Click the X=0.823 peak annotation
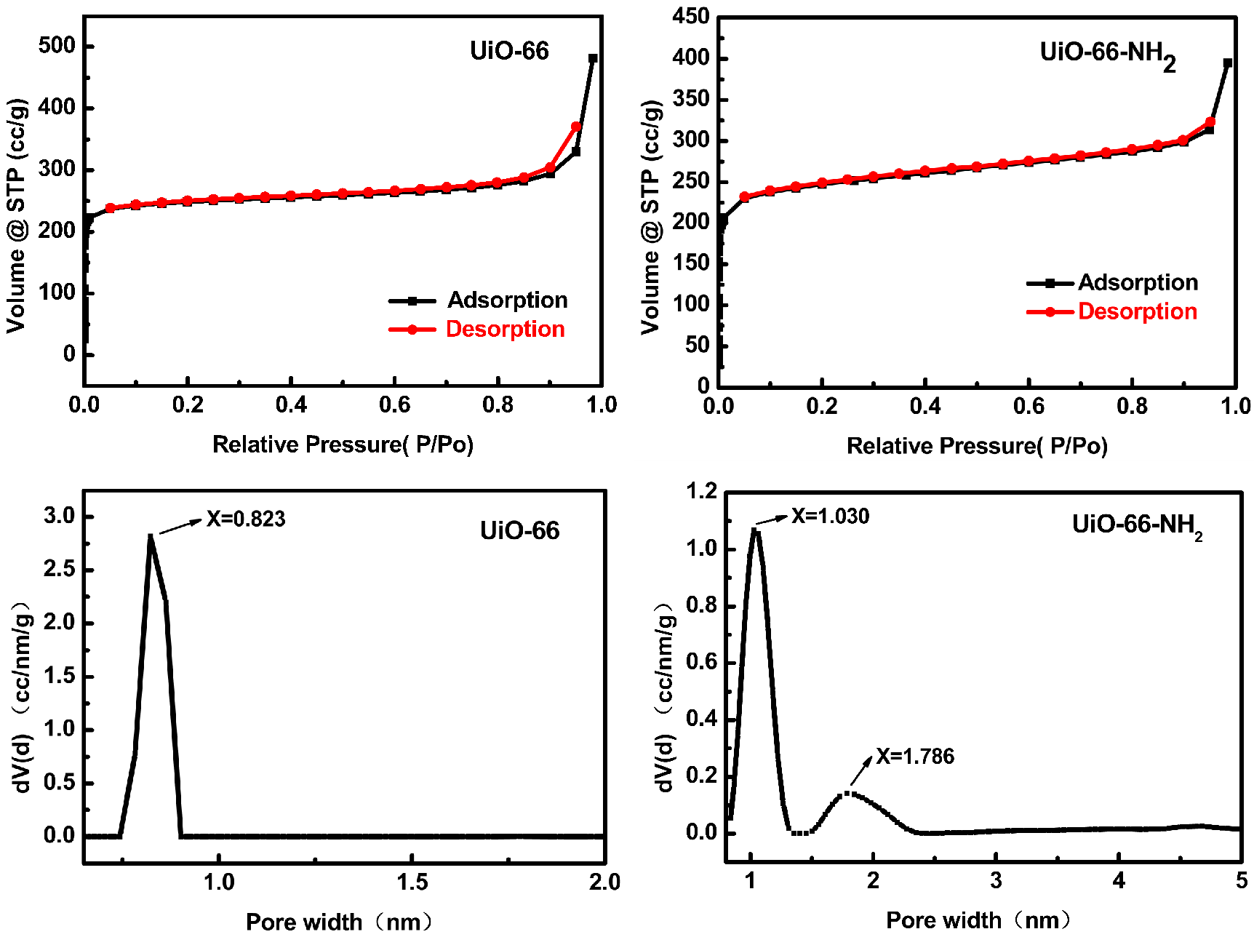[x=245, y=519]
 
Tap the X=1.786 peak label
[x=914, y=757]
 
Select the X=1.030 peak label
[x=830, y=517]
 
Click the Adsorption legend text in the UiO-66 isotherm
[x=507, y=300]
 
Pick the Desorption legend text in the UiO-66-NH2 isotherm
[x=1137, y=311]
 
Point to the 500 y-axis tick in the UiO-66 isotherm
[x=57, y=46]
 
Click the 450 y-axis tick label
[x=690, y=16]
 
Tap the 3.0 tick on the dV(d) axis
[x=59, y=516]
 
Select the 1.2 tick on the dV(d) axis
[x=701, y=491]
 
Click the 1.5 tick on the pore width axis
[x=412, y=882]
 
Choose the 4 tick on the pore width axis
[x=1119, y=881]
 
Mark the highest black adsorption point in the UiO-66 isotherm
[x=593, y=58]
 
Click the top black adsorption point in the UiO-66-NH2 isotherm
[x=1228, y=63]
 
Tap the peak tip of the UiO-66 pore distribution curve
[x=151, y=537]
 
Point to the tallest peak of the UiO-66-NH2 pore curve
[x=755, y=531]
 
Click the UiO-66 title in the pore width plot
[x=519, y=530]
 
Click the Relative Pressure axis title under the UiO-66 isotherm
[x=343, y=444]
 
